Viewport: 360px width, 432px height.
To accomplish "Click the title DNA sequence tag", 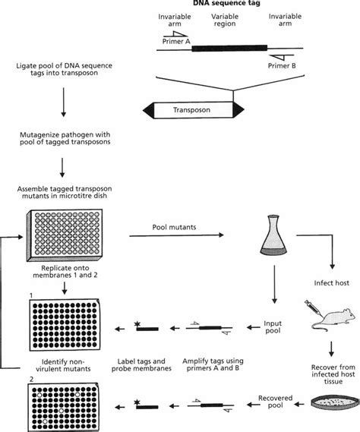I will (225, 5).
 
